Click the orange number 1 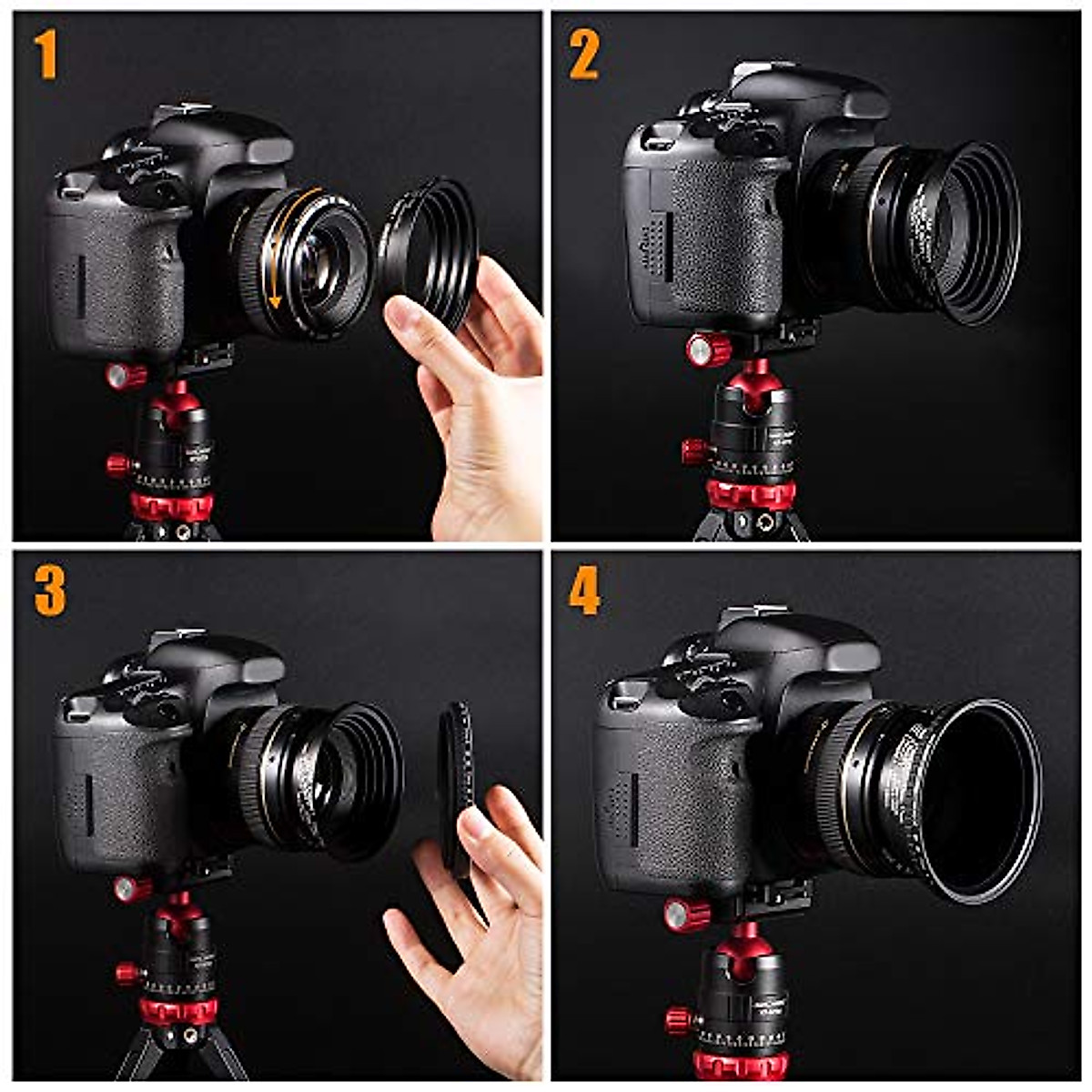[x=46, y=54]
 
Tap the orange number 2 [x=583, y=54]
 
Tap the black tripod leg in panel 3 [x=136, y=1056]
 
